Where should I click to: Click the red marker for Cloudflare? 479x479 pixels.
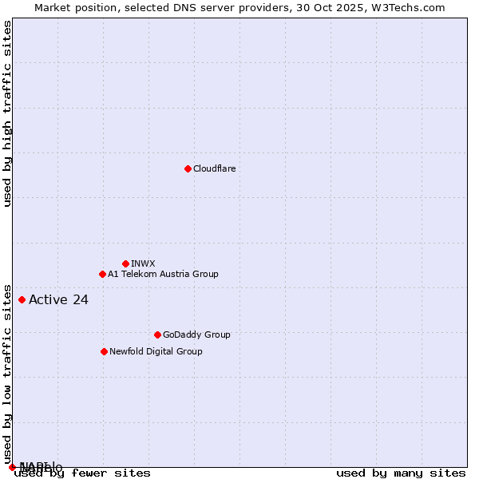click(x=188, y=168)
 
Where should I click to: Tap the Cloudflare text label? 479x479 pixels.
click(x=214, y=168)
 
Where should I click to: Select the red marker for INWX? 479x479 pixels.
click(x=125, y=263)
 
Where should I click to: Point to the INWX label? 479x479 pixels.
click(x=143, y=263)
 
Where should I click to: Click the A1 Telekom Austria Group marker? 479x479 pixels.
click(x=102, y=274)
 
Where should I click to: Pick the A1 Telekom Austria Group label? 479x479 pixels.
click(x=163, y=274)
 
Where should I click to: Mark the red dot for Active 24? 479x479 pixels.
click(x=22, y=299)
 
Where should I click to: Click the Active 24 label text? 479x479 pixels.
click(x=58, y=300)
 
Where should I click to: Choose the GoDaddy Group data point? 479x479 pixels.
click(x=157, y=335)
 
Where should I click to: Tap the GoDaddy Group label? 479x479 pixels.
click(x=196, y=335)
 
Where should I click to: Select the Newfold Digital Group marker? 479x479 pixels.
click(x=104, y=351)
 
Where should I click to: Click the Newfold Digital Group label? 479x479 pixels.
click(x=156, y=351)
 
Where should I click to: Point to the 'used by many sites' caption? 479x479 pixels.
click(x=401, y=473)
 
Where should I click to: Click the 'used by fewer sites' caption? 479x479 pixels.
click(x=82, y=473)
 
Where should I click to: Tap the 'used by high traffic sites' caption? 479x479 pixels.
click(x=7, y=113)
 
